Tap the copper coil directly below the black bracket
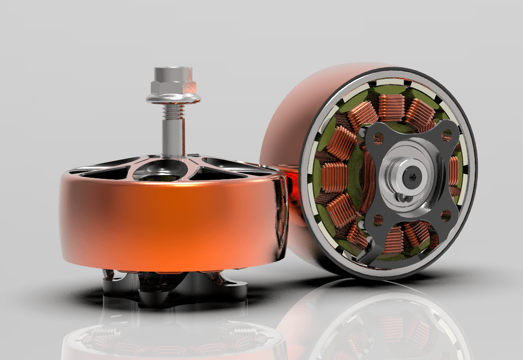pyautogui.click(x=394, y=239)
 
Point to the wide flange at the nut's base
pyautogui.click(x=172, y=98)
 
